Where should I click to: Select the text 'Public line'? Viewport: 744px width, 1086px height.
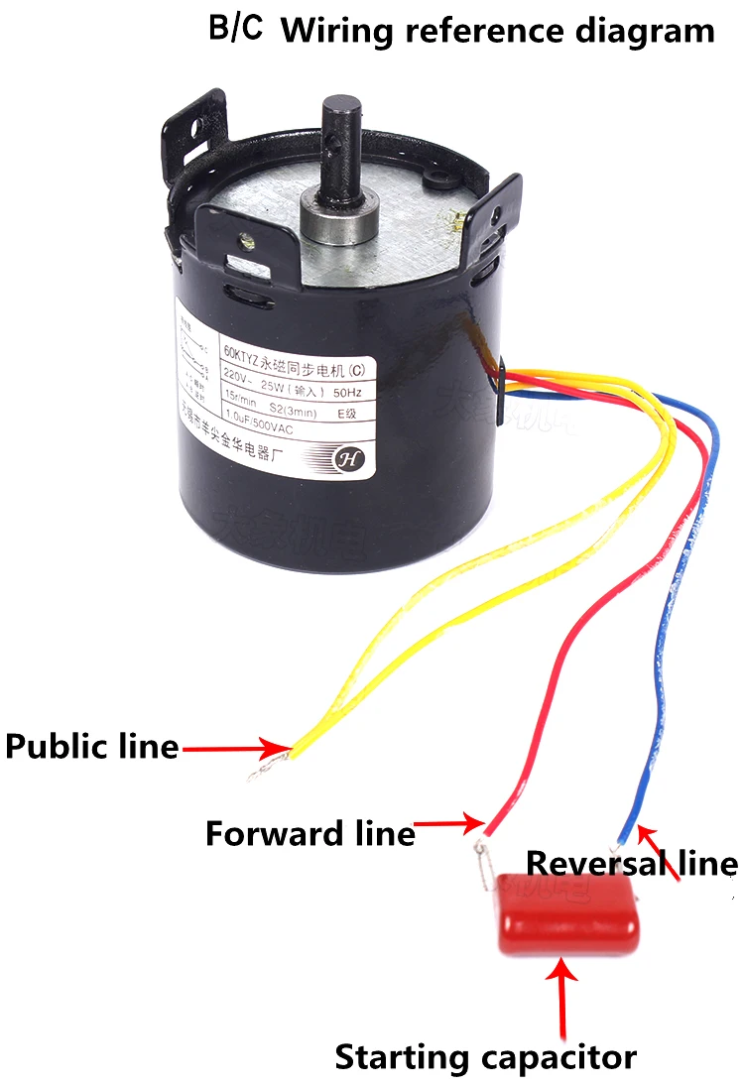[91, 746]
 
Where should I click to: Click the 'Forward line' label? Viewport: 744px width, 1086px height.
[310, 833]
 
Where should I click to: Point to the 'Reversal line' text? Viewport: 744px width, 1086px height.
[631, 863]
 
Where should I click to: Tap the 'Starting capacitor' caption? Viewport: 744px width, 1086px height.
[485, 1056]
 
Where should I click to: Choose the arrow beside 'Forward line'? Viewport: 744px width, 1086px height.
[449, 822]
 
